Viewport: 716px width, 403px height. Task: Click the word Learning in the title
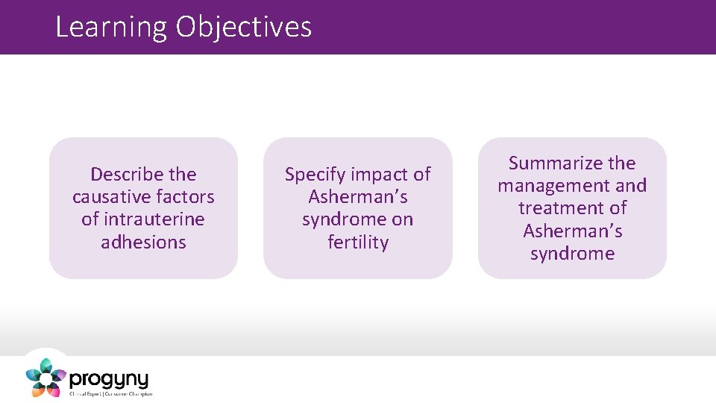pyautogui.click(x=112, y=28)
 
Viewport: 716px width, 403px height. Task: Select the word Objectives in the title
pyautogui.click(x=244, y=28)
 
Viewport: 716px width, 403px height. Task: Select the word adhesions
pyautogui.click(x=143, y=242)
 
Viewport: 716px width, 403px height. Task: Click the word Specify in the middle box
pyautogui.click(x=315, y=175)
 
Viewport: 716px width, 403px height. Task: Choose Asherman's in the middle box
pyautogui.click(x=357, y=197)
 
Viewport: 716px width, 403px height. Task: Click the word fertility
pyautogui.click(x=357, y=242)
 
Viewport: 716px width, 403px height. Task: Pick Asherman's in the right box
pyautogui.click(x=572, y=231)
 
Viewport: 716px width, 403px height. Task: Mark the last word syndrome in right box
pyautogui.click(x=572, y=253)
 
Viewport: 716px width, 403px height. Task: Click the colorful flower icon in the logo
pyautogui.click(x=46, y=378)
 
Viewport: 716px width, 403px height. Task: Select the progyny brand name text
pyautogui.click(x=109, y=378)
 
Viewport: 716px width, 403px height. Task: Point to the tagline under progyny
pyautogui.click(x=110, y=393)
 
